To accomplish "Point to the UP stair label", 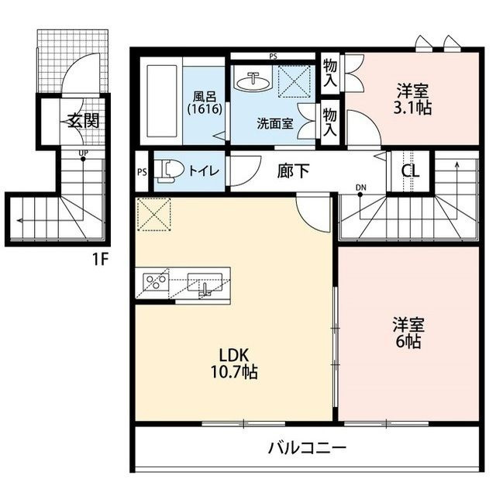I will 82,153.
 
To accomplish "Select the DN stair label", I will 360,187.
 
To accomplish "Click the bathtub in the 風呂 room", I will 164,101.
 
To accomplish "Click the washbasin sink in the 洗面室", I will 254,81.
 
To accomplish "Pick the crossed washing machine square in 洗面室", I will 294,81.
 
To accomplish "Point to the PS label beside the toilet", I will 142,172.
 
